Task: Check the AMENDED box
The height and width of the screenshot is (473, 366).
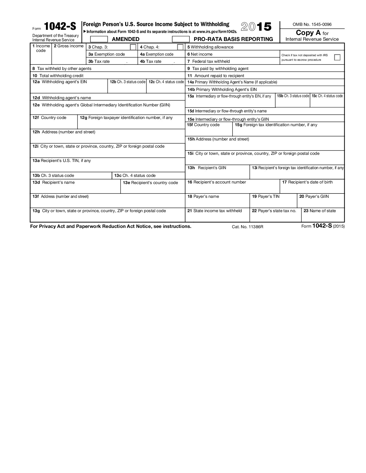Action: tap(99, 39)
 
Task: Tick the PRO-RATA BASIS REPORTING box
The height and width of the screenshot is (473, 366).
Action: tap(181, 39)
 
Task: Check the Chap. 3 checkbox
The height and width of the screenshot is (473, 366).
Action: tap(133, 47)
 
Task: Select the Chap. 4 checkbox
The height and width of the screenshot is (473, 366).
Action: tap(180, 47)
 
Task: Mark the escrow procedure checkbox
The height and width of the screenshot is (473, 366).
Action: tap(337, 57)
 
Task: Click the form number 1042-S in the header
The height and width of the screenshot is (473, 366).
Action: tap(60, 27)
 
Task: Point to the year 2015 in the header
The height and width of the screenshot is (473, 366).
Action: tap(256, 27)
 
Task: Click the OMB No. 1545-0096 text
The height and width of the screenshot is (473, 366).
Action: tap(312, 25)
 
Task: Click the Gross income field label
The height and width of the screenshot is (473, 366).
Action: tap(69, 46)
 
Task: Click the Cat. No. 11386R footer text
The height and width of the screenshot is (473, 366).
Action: tap(247, 227)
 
